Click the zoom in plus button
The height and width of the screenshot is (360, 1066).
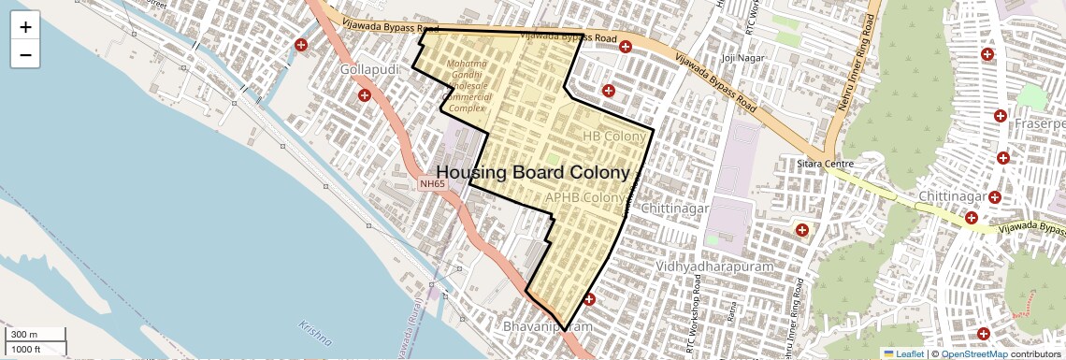(x=25, y=27)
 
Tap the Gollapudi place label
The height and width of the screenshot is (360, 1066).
(x=370, y=71)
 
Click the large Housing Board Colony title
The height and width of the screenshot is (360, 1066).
(x=532, y=173)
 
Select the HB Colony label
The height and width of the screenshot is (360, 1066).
(x=614, y=137)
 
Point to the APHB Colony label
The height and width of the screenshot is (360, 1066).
(x=583, y=198)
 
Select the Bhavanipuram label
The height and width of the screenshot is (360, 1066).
(x=548, y=327)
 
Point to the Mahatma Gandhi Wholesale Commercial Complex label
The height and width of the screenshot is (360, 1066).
(x=468, y=85)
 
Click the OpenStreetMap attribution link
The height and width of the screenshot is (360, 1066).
(x=974, y=354)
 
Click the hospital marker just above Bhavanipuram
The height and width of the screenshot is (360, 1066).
(x=589, y=299)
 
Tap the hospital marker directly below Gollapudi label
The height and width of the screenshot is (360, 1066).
(x=365, y=94)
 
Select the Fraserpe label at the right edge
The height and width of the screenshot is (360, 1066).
(x=1042, y=123)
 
